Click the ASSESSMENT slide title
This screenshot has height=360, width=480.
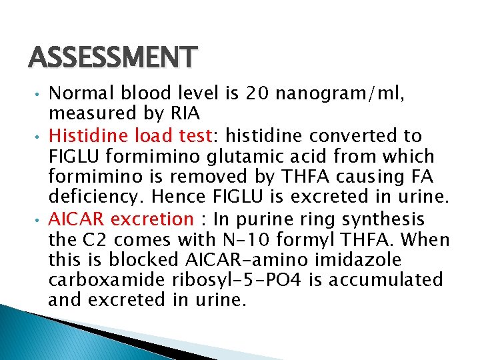(x=113, y=58)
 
